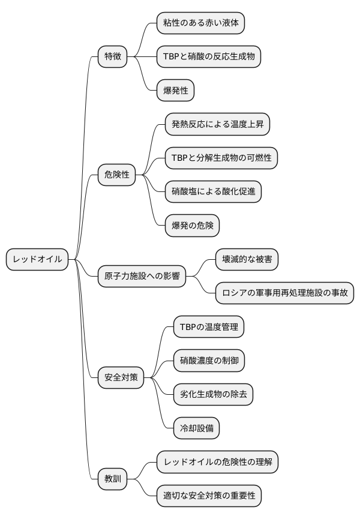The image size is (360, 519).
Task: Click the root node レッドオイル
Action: click(x=37, y=259)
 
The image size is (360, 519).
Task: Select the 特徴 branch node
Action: click(x=113, y=57)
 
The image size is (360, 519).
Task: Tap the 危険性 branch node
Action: click(x=117, y=175)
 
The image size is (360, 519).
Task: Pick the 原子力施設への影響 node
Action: click(x=142, y=277)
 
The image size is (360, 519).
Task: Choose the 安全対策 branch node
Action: click(x=121, y=378)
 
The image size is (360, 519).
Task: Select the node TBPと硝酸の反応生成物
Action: click(x=209, y=57)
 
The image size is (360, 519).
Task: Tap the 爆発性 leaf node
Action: click(x=175, y=91)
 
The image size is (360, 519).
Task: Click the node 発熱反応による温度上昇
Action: click(x=217, y=125)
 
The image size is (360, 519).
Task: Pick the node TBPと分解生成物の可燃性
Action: click(x=221, y=158)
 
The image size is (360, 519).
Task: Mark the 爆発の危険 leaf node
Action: click(x=192, y=226)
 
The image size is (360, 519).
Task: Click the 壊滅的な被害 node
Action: click(x=247, y=259)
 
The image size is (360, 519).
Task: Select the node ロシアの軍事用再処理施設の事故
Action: click(x=284, y=293)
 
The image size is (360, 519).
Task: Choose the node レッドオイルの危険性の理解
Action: click(x=217, y=462)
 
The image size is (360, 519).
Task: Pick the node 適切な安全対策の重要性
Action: click(x=209, y=496)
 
